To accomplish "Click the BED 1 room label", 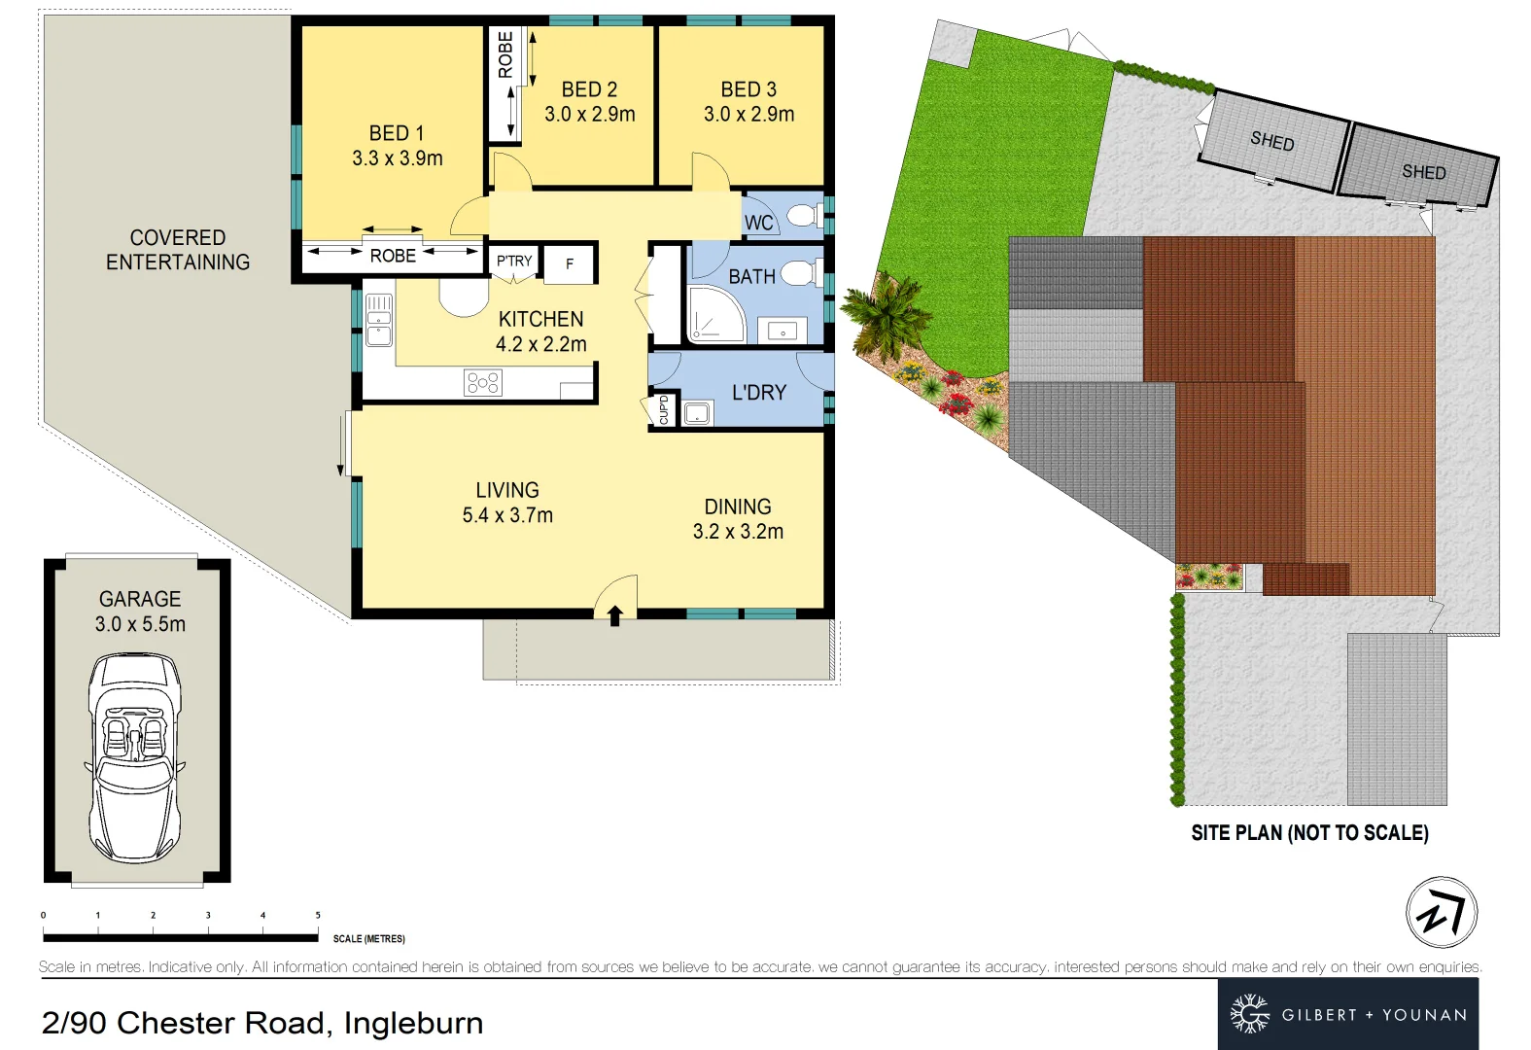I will pyautogui.click(x=397, y=133).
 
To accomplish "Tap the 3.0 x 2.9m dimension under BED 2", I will pyautogui.click(x=589, y=115).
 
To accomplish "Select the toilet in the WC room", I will pyautogui.click(x=803, y=215).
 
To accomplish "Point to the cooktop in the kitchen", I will pyautogui.click(x=483, y=382).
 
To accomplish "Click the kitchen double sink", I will pyautogui.click(x=378, y=320).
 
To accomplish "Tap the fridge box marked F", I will pyautogui.click(x=570, y=263).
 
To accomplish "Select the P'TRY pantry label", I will pyautogui.click(x=514, y=261).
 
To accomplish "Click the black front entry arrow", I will pyautogui.click(x=614, y=615).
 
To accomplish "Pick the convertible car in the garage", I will pyautogui.click(x=135, y=757).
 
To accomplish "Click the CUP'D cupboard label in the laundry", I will pyautogui.click(x=664, y=409).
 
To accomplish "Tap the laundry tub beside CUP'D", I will pyautogui.click(x=697, y=413).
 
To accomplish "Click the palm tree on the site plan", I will pyautogui.click(x=884, y=313).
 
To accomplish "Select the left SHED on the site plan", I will pyautogui.click(x=1272, y=142).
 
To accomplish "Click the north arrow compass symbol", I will pyautogui.click(x=1442, y=912).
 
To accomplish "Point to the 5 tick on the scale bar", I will pyautogui.click(x=318, y=916).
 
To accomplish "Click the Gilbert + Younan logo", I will pyautogui.click(x=1348, y=1014).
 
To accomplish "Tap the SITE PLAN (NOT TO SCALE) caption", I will pyautogui.click(x=1309, y=833).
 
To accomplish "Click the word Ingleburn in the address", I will pyautogui.click(x=413, y=1023).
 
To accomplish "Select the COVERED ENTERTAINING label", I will pyautogui.click(x=178, y=250).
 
